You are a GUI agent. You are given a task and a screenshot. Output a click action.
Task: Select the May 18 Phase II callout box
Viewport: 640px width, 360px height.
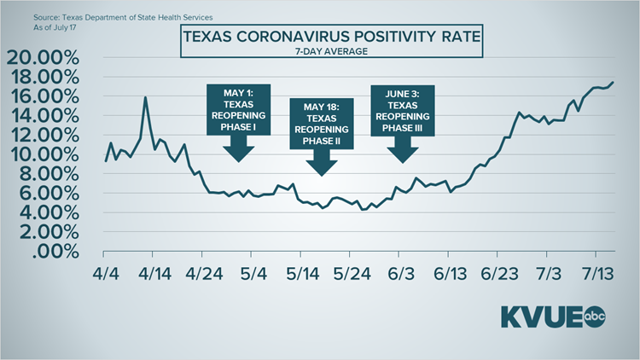[x=321, y=124]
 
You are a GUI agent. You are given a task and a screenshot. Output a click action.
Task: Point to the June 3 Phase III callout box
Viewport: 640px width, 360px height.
[x=403, y=110]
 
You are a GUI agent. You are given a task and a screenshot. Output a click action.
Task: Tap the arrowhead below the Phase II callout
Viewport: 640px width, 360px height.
[x=321, y=166]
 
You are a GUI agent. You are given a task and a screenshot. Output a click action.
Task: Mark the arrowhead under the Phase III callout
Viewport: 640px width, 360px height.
[x=403, y=153]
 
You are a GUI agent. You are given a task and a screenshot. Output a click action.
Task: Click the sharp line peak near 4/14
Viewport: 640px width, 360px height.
[x=145, y=97]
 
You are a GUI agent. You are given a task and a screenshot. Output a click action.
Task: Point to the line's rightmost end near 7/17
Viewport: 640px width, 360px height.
[x=613, y=82]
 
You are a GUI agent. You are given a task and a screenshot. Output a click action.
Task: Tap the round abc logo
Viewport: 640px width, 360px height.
[x=596, y=317]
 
